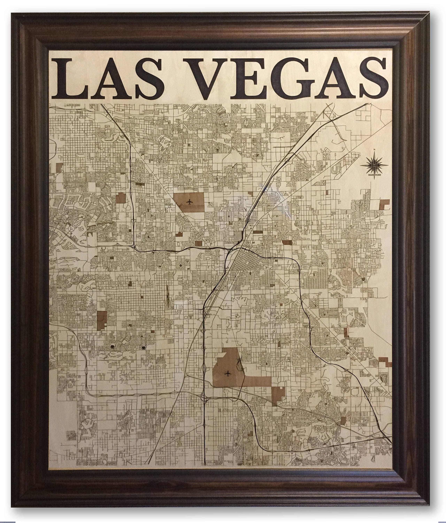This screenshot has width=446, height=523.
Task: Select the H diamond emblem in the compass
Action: [x=374, y=165]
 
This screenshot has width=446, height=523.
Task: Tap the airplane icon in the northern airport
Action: [x=189, y=202]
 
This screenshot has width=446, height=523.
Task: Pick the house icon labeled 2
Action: [x=112, y=346]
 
